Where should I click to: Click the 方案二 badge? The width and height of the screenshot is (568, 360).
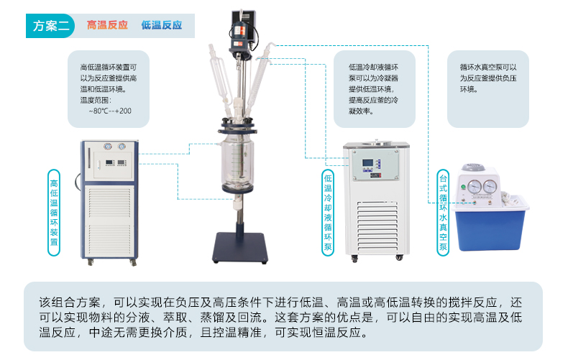(x=50, y=26)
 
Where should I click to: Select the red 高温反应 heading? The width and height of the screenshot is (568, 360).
(x=107, y=25)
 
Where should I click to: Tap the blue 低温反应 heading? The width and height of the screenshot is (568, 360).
(x=162, y=25)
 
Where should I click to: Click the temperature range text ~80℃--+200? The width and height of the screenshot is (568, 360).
(x=110, y=111)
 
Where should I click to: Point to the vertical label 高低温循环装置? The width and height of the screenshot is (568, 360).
(x=54, y=213)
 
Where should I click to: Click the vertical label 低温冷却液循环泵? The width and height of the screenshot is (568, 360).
(x=328, y=213)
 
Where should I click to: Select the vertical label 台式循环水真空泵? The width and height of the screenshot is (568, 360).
(x=443, y=213)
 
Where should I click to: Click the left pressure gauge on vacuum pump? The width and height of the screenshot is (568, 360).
(x=475, y=187)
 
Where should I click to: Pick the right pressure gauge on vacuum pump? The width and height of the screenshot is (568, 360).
(x=490, y=187)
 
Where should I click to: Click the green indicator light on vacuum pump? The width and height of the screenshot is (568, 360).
(x=463, y=188)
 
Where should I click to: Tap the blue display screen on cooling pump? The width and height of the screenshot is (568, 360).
(x=367, y=163)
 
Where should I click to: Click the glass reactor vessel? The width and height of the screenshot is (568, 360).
(x=238, y=162)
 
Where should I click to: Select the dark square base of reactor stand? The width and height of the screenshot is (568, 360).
(x=240, y=248)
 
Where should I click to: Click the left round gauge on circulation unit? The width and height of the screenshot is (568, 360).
(x=108, y=147)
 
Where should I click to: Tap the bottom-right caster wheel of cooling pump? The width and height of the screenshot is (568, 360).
(x=399, y=257)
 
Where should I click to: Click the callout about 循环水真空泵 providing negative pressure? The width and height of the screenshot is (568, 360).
(x=488, y=89)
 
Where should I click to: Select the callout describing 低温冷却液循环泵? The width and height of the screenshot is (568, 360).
(x=374, y=89)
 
